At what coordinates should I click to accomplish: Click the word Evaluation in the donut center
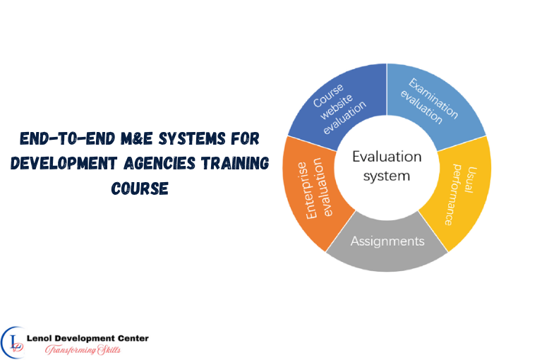click(387, 157)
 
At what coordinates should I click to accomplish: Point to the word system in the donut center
click(387, 175)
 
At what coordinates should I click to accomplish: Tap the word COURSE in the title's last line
click(139, 190)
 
